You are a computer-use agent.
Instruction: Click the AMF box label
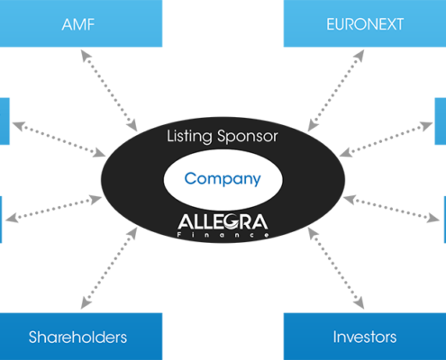[x=78, y=24]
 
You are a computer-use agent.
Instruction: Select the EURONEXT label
[x=365, y=24]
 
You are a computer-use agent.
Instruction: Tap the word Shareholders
[x=77, y=337]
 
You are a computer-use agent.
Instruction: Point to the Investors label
[x=365, y=337]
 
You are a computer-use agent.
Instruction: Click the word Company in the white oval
[x=223, y=179]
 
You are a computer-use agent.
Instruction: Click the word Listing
[x=189, y=137]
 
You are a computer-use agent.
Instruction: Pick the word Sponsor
[x=248, y=137]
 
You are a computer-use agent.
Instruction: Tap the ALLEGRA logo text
[x=223, y=221]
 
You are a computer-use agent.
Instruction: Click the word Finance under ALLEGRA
[x=223, y=235]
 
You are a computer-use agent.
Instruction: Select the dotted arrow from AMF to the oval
[x=109, y=91]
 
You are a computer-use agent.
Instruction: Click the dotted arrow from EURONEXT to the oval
[x=336, y=91]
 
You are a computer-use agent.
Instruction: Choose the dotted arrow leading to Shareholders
[x=109, y=268]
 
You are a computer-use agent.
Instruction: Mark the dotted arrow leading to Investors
[x=336, y=268]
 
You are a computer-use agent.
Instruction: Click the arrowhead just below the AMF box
[x=85, y=55]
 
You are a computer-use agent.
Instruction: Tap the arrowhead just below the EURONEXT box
[x=360, y=55]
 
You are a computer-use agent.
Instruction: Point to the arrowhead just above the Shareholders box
[x=85, y=303]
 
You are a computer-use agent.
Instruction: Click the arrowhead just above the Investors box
[x=360, y=303]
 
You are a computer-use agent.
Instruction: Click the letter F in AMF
[x=90, y=24]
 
